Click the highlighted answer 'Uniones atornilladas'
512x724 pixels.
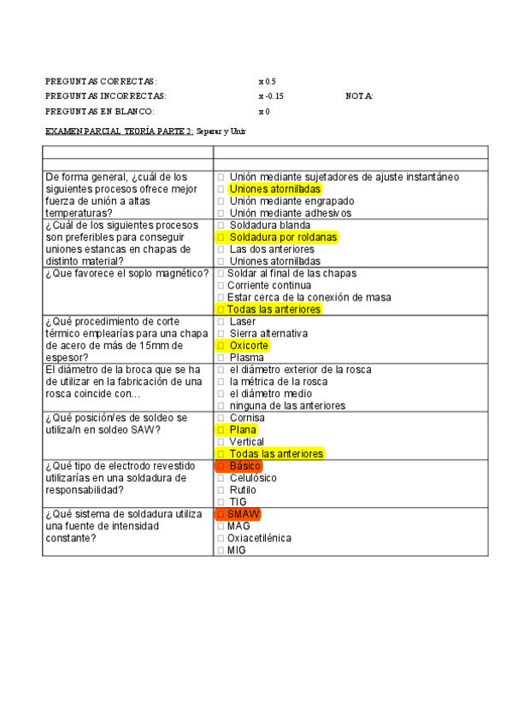(x=274, y=189)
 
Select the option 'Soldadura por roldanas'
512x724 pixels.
(x=283, y=236)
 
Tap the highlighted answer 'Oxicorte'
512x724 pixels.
(x=249, y=346)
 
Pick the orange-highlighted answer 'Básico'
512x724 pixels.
(x=244, y=467)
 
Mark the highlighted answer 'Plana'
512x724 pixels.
(x=243, y=430)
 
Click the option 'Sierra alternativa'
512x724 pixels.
(x=268, y=334)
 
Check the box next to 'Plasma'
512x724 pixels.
(x=221, y=359)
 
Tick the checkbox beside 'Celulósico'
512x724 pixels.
(x=221, y=479)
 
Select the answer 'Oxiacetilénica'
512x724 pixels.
(x=259, y=539)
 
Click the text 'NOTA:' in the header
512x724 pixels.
(x=359, y=96)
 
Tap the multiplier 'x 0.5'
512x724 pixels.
(x=267, y=81)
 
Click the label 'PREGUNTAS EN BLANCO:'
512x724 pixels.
(x=99, y=112)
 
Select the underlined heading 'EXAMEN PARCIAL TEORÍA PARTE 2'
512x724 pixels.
(x=119, y=132)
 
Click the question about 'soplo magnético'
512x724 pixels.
(x=127, y=273)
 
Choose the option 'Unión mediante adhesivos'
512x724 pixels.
(x=290, y=213)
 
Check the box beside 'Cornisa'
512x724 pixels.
(x=221, y=418)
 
